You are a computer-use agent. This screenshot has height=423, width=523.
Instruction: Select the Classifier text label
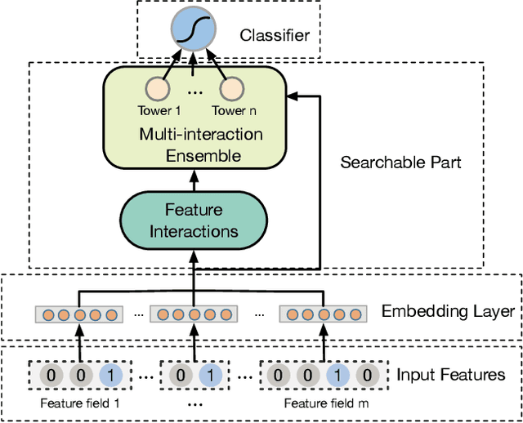click(274, 36)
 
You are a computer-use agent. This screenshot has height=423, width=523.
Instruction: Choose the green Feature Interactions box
click(194, 220)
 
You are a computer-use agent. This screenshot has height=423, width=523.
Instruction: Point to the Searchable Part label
click(400, 162)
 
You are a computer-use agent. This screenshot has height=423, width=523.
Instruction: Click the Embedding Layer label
click(449, 311)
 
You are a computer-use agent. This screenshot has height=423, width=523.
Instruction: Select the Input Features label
click(451, 375)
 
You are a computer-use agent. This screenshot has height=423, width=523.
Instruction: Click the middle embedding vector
click(194, 314)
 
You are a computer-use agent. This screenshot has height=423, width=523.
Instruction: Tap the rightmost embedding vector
click(318, 314)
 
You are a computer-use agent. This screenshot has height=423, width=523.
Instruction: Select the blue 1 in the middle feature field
click(210, 376)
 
